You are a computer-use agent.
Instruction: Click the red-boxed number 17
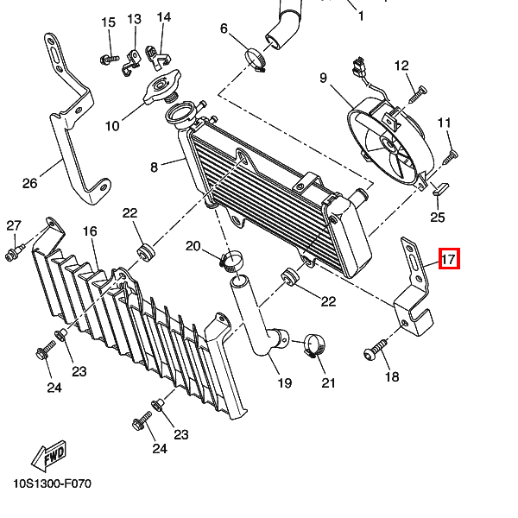[448, 258]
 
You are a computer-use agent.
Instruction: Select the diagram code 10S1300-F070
[52, 483]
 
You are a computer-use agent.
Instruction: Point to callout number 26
[30, 183]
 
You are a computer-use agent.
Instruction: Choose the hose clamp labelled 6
[256, 60]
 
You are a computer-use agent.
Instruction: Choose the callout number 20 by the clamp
[193, 246]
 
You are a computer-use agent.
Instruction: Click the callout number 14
[163, 16]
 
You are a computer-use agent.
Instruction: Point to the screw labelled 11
[450, 156]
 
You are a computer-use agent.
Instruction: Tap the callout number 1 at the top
[360, 16]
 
